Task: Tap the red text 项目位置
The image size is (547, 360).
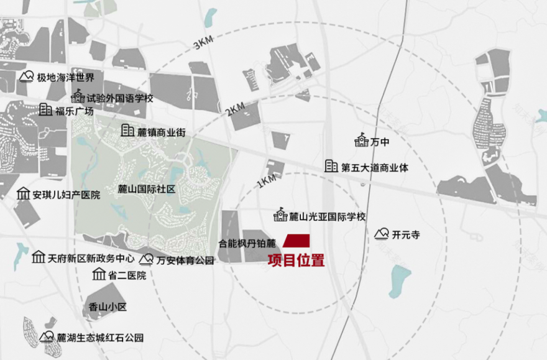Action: click(296, 261)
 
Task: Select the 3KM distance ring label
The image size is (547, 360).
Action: click(203, 44)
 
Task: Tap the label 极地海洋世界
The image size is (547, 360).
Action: click(65, 78)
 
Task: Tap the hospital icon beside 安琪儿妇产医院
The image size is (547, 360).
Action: click(24, 194)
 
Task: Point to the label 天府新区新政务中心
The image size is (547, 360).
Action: click(91, 258)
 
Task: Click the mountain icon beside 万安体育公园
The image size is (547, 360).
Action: click(147, 260)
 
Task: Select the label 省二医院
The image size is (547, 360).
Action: click(127, 275)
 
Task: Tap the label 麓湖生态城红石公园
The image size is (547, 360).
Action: click(100, 338)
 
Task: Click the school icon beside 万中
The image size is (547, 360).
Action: click(362, 141)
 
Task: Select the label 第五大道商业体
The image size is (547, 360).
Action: click(375, 167)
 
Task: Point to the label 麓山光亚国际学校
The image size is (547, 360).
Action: click(328, 216)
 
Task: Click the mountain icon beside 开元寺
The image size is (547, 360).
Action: click(382, 234)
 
